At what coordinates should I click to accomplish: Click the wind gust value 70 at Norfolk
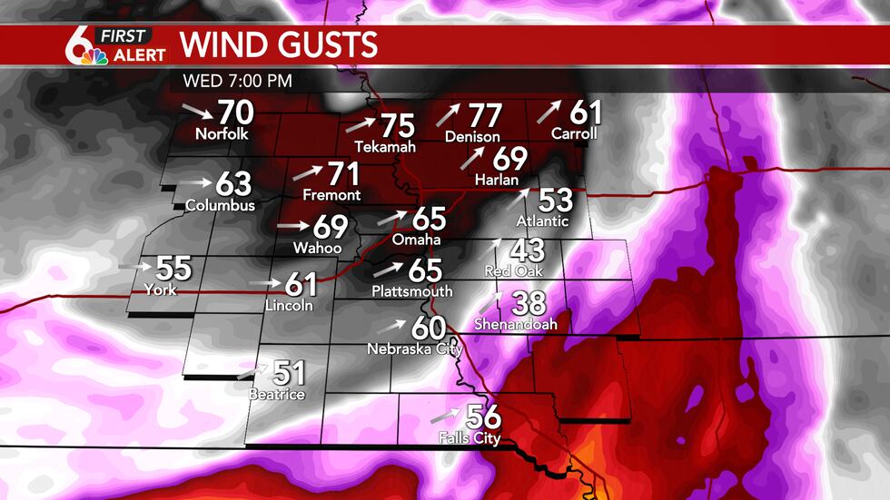(x=235, y=113)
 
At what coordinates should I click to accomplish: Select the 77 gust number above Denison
(x=485, y=115)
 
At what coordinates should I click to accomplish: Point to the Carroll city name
(x=574, y=133)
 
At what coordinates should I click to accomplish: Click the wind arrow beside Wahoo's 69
(x=292, y=225)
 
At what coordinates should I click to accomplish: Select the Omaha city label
(x=416, y=240)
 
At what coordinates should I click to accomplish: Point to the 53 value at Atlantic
(x=556, y=200)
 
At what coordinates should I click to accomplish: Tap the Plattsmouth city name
(x=411, y=291)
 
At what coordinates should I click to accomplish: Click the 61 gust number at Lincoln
(x=301, y=284)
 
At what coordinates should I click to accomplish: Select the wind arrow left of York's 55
(x=134, y=266)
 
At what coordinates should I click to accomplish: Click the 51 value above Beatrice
(x=289, y=373)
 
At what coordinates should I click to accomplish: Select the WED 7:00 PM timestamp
(x=238, y=80)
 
